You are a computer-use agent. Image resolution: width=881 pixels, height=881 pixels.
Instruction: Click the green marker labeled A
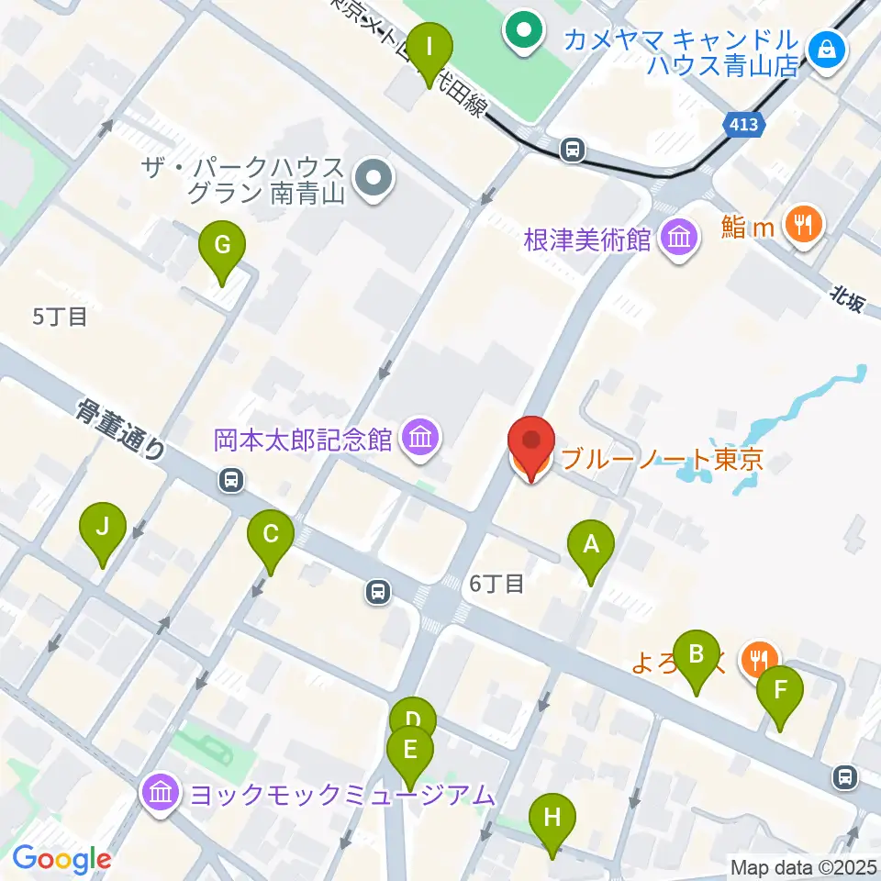pyautogui.click(x=591, y=547)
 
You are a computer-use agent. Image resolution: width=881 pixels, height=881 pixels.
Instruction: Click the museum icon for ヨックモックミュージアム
pyautogui.click(x=160, y=793)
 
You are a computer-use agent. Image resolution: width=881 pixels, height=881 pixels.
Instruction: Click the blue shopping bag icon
pyautogui.click(x=828, y=48)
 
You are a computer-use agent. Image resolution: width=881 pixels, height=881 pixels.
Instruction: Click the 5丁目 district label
pyautogui.click(x=61, y=318)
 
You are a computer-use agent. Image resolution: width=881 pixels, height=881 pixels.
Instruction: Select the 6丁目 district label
pyautogui.click(x=496, y=583)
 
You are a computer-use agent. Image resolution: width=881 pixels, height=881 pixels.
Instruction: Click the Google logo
pyautogui.click(x=61, y=860)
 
